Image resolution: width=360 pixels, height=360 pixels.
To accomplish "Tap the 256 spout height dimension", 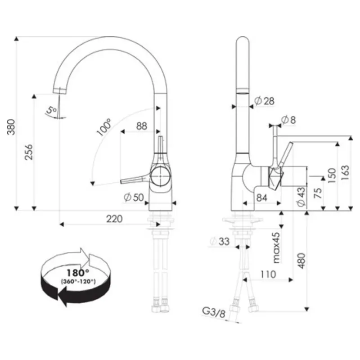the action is pyautogui.click(x=29, y=152).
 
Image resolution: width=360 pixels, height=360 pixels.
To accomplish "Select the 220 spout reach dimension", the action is pyautogui.click(x=114, y=219).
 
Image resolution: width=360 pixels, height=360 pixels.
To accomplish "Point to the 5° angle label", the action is pyautogui.click(x=51, y=110).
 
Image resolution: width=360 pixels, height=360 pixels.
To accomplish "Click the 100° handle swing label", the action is pyautogui.click(x=104, y=127).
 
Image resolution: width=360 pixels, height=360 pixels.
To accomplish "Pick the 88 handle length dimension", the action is pyautogui.click(x=142, y=126).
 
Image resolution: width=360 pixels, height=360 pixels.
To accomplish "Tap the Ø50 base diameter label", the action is pyautogui.click(x=134, y=197).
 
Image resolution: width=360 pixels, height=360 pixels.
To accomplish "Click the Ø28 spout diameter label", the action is pyautogui.click(x=265, y=101).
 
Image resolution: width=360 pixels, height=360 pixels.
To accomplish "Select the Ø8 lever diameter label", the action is pyautogui.click(x=288, y=120).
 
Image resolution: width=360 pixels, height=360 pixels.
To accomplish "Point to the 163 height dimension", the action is pyautogui.click(x=345, y=173).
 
